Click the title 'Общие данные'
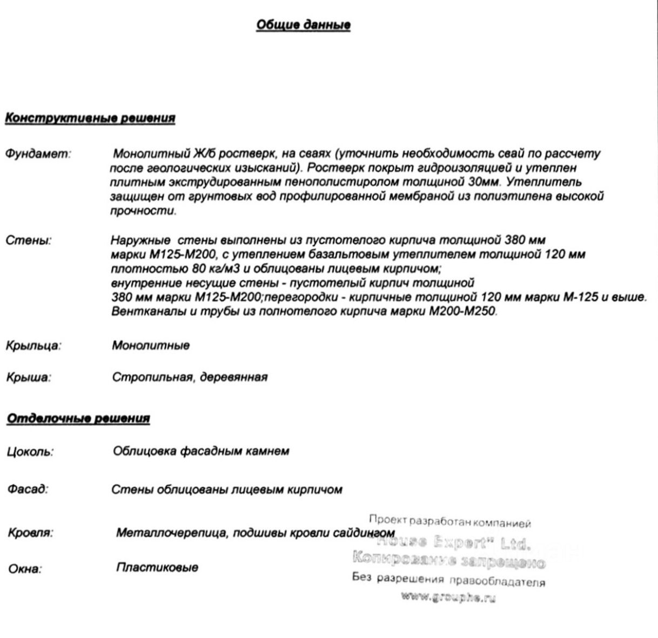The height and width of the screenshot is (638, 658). [x=303, y=25]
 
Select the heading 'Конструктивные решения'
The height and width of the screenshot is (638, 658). [x=90, y=118]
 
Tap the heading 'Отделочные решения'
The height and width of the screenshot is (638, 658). [x=78, y=419]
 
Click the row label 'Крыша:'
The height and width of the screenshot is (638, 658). [x=29, y=378]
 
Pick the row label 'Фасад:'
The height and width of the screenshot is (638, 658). [x=28, y=490]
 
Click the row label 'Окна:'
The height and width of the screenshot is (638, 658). [x=24, y=569]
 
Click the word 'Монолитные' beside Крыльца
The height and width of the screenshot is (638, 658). [x=151, y=345]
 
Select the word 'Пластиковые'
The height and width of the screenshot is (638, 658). [x=157, y=568]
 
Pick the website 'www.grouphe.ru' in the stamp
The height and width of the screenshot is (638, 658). [x=448, y=597]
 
